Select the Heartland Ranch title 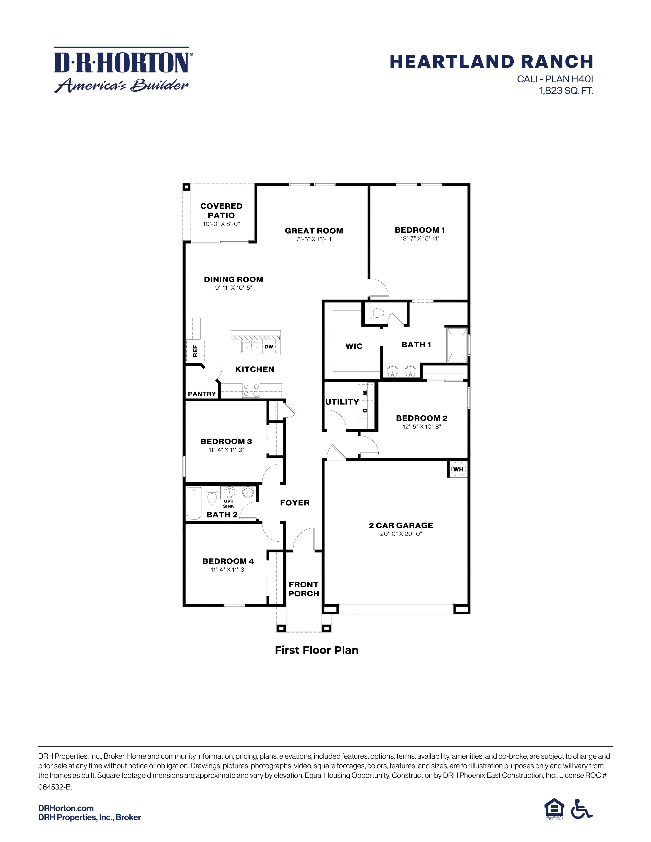click(x=491, y=62)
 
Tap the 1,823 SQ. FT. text click(x=566, y=91)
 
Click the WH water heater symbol click(x=458, y=469)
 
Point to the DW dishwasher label click(x=269, y=346)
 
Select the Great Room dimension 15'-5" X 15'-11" click(x=314, y=239)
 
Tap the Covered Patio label click(x=221, y=210)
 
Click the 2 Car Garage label click(x=401, y=525)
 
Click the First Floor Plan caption click(x=317, y=650)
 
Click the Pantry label click(x=202, y=394)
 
